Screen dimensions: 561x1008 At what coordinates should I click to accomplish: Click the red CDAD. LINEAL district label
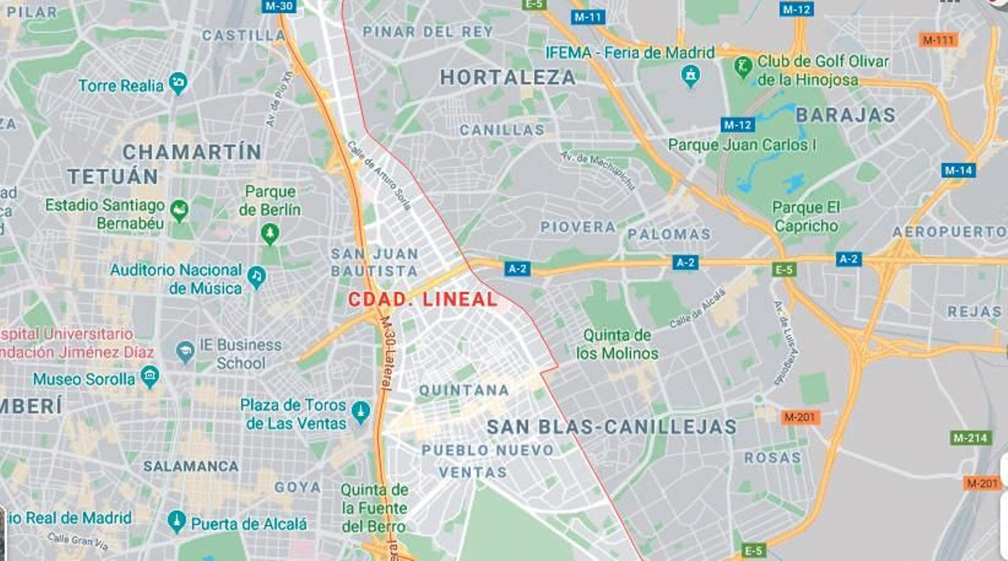[x=423, y=299]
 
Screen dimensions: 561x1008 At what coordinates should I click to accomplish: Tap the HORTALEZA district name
[x=508, y=78]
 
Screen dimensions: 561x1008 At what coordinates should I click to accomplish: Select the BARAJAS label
[x=845, y=115]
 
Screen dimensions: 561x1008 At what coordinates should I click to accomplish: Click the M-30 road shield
[x=278, y=6]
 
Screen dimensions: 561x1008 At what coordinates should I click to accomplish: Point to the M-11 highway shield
[x=588, y=17]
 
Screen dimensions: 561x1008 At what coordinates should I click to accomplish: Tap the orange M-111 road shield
[x=939, y=40]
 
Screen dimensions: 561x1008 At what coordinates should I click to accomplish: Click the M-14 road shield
[x=958, y=170]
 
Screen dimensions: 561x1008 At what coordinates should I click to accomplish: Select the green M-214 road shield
[x=970, y=437]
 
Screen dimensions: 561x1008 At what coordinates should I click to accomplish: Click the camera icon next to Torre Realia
[x=178, y=83]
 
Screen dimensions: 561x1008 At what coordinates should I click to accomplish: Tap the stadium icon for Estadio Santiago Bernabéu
[x=180, y=211]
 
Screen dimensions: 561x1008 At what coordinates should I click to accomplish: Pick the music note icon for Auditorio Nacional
[x=256, y=275]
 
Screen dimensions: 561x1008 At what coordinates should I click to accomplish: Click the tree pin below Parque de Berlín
[x=270, y=234]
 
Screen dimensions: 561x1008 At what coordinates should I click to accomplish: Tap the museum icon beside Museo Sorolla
[x=150, y=377]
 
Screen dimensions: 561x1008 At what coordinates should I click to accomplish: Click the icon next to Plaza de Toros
[x=361, y=412]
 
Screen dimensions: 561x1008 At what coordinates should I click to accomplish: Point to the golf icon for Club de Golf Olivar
[x=743, y=66]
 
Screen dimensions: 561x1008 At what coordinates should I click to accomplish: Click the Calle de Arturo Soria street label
[x=380, y=175]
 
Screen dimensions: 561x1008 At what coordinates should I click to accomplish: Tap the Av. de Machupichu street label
[x=598, y=170]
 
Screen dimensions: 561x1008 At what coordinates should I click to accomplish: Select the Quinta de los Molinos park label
[x=617, y=344]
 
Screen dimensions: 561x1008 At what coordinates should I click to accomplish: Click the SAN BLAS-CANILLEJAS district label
[x=612, y=427]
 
